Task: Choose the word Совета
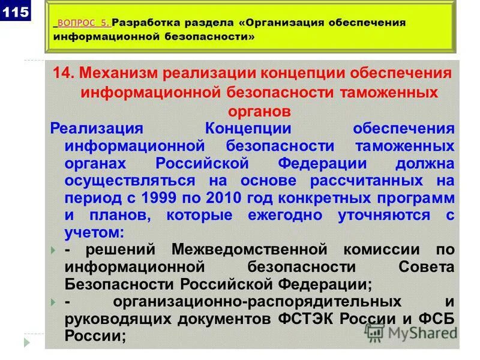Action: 425,266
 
